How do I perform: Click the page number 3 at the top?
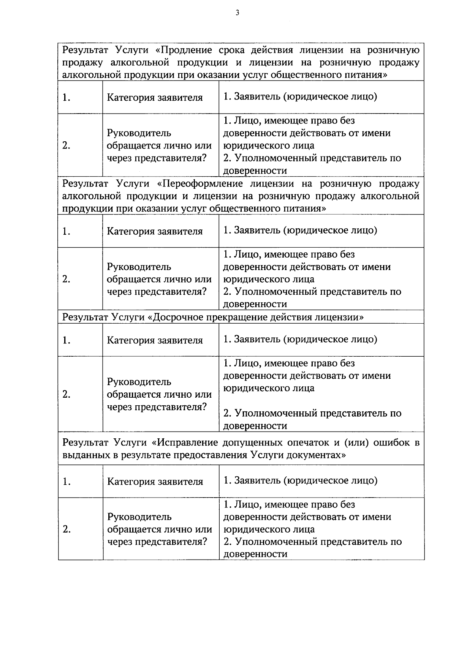tap(237, 13)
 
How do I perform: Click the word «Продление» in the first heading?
tap(187, 50)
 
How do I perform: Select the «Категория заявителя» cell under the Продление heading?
tap(155, 98)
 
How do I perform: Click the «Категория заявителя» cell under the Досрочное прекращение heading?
tap(155, 340)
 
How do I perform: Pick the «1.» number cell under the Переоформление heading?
tap(66, 231)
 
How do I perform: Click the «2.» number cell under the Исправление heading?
tap(66, 529)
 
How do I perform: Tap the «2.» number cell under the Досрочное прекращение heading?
tap(66, 394)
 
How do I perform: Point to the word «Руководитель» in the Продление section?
tap(139, 133)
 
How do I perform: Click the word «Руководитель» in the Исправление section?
tap(139, 517)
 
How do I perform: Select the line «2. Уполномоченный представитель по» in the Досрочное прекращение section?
tap(312, 413)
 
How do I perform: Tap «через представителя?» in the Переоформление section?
tap(157, 292)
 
